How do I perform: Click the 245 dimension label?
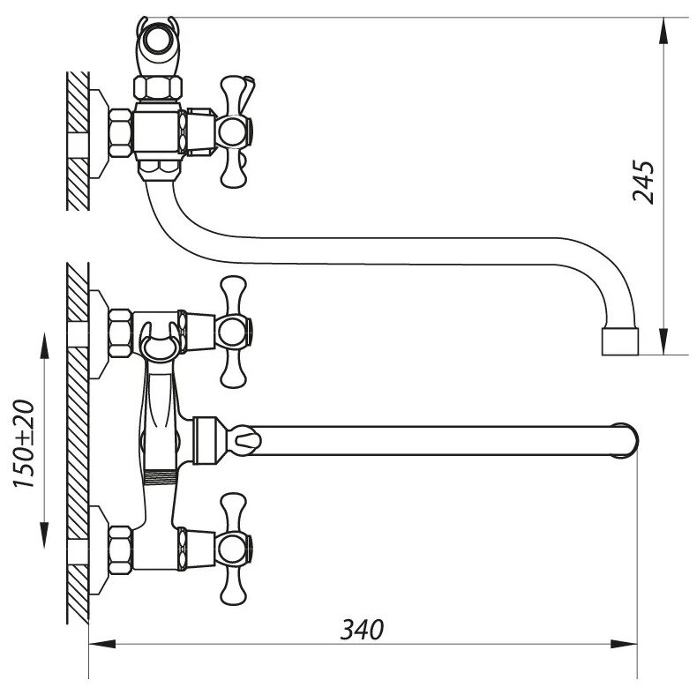[645, 183]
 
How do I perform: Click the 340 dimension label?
[363, 630]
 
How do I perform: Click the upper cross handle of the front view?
[234, 332]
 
